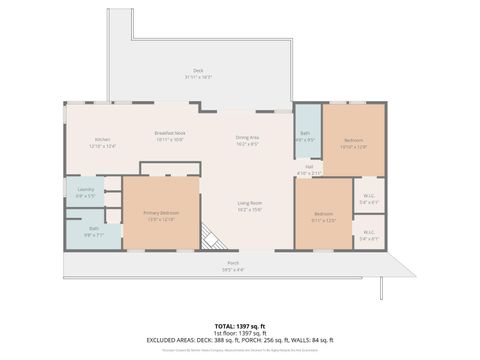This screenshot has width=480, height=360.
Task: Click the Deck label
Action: (x=198, y=70)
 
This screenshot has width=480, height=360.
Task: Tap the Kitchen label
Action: (x=102, y=139)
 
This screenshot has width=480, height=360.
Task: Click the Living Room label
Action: (x=250, y=203)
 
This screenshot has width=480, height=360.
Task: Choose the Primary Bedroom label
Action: (x=161, y=212)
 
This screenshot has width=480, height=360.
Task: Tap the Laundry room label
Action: (x=85, y=189)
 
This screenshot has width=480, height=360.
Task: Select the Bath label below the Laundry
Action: (x=93, y=228)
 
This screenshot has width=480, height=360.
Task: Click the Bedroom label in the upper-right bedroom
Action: (x=354, y=139)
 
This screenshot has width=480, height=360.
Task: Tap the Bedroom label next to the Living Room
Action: (x=323, y=213)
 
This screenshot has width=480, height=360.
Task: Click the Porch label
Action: (x=233, y=264)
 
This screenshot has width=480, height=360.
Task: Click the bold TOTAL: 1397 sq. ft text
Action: (x=240, y=326)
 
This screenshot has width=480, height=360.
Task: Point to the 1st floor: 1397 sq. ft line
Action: (x=240, y=333)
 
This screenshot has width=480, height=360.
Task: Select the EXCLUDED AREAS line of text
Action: (x=240, y=340)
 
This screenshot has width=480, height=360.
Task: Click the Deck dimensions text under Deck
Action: (x=198, y=77)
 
